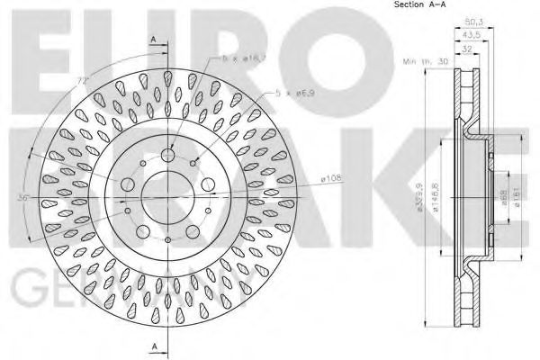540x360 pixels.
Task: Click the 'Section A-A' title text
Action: (x=421, y=7)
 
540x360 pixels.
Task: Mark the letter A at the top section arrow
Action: (x=154, y=38)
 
